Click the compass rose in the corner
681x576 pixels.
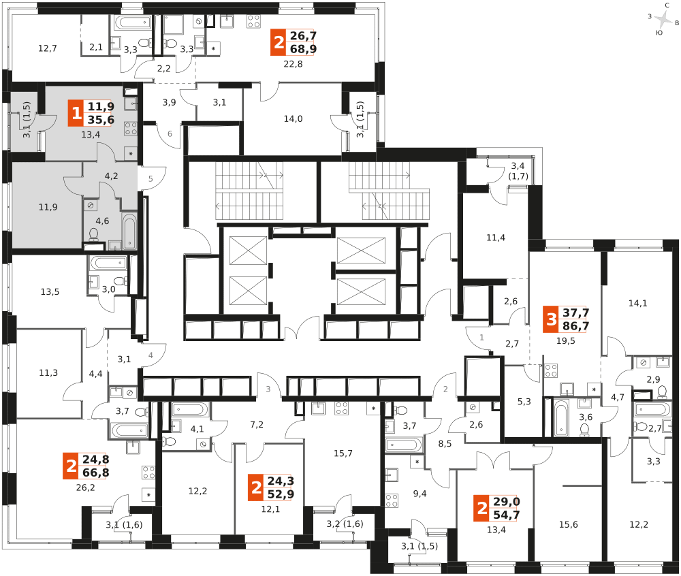(x=663, y=19)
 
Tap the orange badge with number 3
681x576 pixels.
(x=551, y=319)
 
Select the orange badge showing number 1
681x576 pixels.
(x=76, y=113)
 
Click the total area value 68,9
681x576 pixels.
(x=303, y=49)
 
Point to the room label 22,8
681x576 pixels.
(x=293, y=64)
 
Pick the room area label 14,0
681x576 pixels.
(x=293, y=119)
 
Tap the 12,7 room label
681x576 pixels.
(x=48, y=48)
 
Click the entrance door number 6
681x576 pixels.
(x=170, y=133)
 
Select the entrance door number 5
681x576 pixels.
(x=151, y=179)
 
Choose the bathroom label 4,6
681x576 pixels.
(x=102, y=221)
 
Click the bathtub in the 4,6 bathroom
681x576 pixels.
(x=129, y=231)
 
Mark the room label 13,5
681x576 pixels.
(x=50, y=292)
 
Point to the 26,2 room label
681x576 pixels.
(x=85, y=488)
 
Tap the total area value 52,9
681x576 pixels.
(x=281, y=494)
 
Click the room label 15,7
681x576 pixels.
(x=343, y=453)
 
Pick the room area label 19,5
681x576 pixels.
(x=565, y=341)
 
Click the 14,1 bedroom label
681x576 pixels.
(x=637, y=304)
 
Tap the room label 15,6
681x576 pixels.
(x=568, y=525)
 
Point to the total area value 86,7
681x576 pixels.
(x=576, y=326)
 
